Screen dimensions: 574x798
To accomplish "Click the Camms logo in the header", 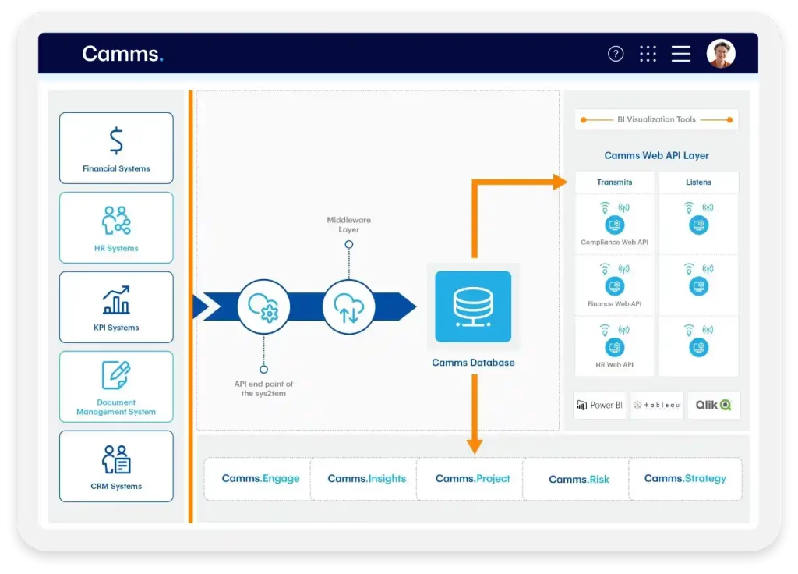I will pyautogui.click(x=122, y=54).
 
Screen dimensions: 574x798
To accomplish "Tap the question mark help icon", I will pyautogui.click(x=616, y=54).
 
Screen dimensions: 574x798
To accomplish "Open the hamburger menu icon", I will pyautogui.click(x=681, y=54).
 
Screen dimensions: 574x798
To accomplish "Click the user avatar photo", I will pyautogui.click(x=721, y=54).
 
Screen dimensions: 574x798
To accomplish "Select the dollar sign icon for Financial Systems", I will pyautogui.click(x=116, y=140).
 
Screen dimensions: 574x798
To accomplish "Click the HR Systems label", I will pyautogui.click(x=116, y=248).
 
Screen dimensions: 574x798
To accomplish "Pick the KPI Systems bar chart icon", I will pyautogui.click(x=116, y=300).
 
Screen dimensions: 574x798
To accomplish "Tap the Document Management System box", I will pyautogui.click(x=116, y=387).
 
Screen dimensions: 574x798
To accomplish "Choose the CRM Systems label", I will pyautogui.click(x=116, y=486).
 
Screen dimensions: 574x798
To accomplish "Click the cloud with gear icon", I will pyautogui.click(x=263, y=307).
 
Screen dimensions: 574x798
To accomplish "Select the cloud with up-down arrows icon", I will pyautogui.click(x=349, y=307).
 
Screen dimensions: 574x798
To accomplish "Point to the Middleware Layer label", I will pyautogui.click(x=349, y=225).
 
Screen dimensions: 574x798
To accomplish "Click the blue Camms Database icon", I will pyautogui.click(x=473, y=306).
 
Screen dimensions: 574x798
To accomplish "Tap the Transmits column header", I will pyautogui.click(x=614, y=182).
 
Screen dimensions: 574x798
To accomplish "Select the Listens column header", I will pyautogui.click(x=698, y=182).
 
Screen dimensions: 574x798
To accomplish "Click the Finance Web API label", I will pyautogui.click(x=614, y=304).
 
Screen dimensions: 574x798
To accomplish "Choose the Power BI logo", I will pyautogui.click(x=599, y=406).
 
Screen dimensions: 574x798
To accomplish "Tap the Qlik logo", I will pyautogui.click(x=713, y=406).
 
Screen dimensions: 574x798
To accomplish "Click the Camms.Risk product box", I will pyautogui.click(x=578, y=479).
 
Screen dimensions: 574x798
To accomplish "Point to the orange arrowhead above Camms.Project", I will pyautogui.click(x=474, y=446).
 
